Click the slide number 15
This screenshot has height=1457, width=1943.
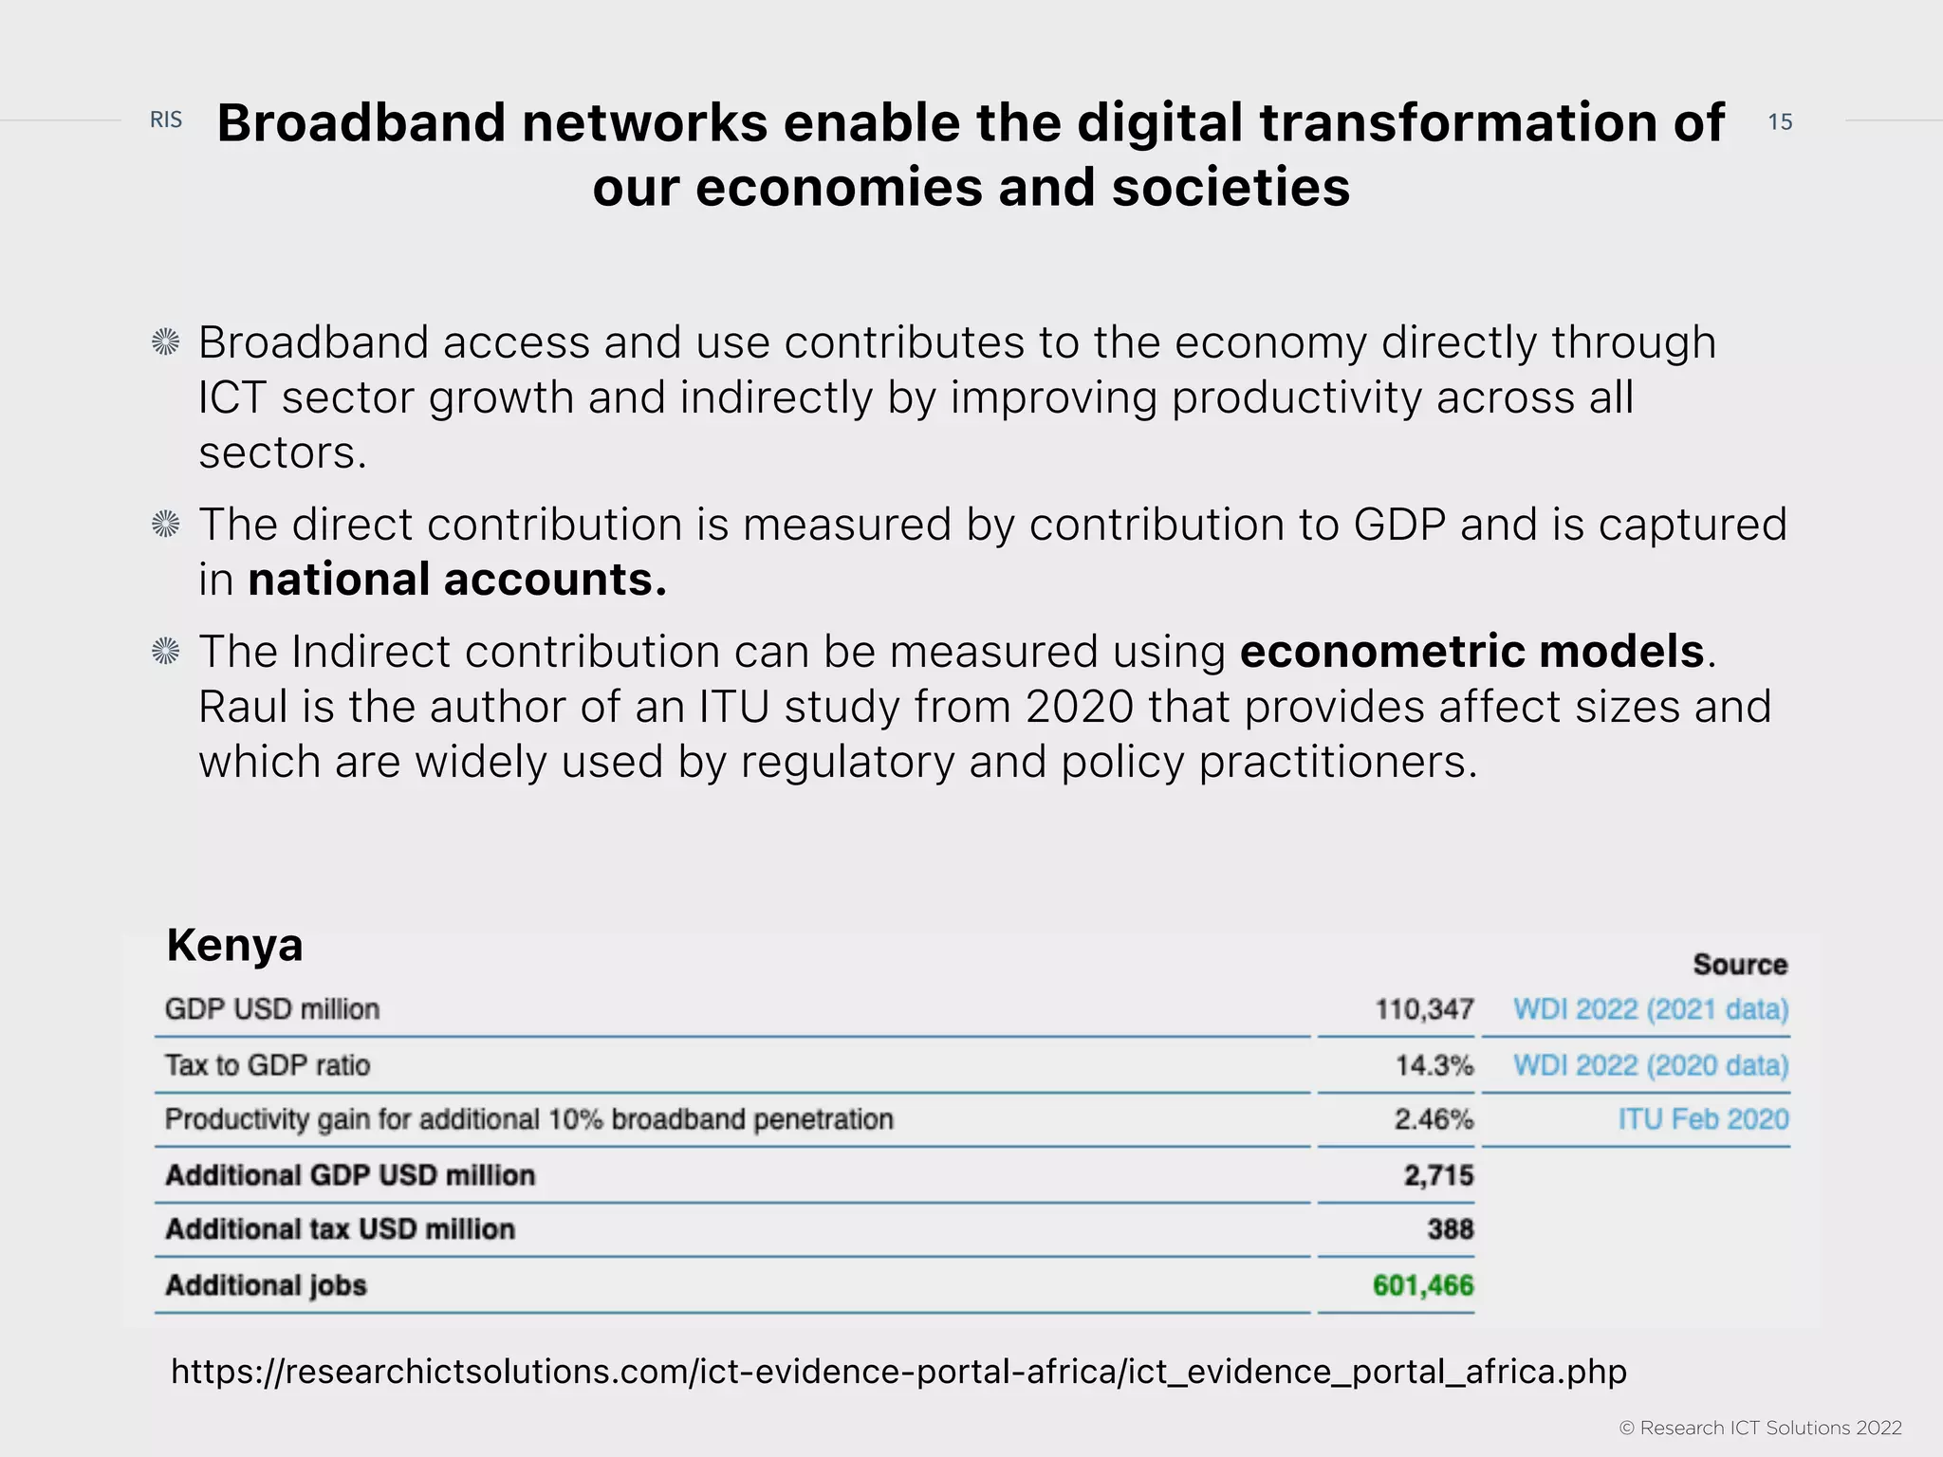1780,121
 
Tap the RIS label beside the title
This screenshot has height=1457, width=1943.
166,120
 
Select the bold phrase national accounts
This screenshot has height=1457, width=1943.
457,580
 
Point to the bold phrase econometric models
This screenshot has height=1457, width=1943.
1472,652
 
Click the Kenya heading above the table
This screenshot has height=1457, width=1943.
234,946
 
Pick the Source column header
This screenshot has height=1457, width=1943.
1740,965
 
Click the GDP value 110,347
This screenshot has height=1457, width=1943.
1424,1009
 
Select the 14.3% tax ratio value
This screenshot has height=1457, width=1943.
1434,1065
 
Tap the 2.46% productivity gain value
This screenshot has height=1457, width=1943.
1434,1120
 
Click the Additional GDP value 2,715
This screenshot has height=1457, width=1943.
1438,1175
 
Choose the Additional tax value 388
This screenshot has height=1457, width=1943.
1450,1230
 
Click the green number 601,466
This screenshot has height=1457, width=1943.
1423,1286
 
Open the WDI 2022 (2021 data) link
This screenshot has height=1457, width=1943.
1650,1009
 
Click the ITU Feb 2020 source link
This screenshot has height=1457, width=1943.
1703,1120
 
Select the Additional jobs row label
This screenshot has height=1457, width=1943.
266,1286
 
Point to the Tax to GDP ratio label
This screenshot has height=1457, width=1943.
268,1065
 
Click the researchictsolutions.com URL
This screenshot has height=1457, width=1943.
897,1372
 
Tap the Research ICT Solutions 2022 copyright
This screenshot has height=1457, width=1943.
1760,1428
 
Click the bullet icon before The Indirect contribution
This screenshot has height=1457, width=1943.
166,652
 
